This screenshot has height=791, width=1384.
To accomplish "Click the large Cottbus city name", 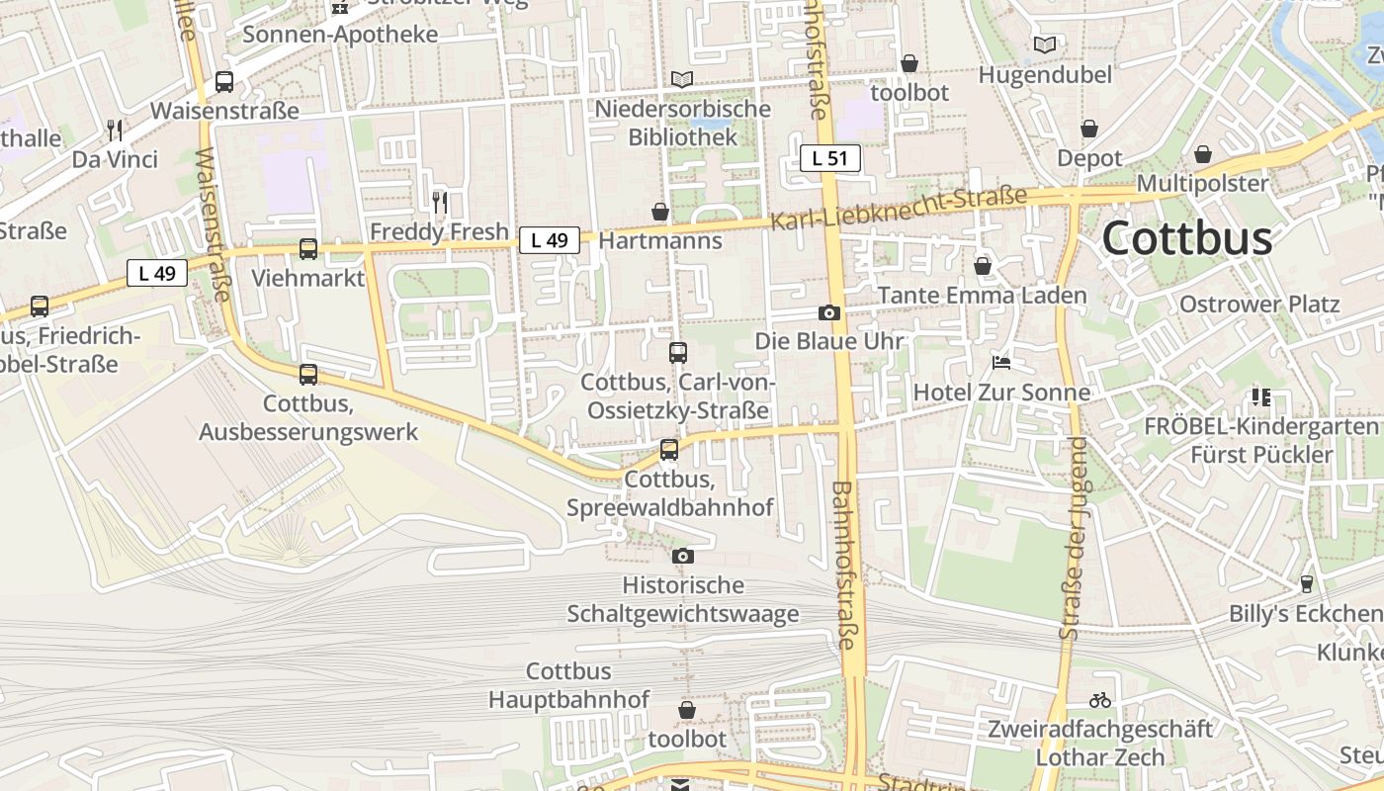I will click(1186, 238).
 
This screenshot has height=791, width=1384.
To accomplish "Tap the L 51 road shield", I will click(830, 157).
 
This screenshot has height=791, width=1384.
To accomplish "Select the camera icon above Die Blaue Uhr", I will click(829, 313).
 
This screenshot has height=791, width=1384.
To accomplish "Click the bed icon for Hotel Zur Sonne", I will click(1001, 363).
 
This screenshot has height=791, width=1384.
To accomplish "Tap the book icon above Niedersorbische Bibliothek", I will click(681, 79).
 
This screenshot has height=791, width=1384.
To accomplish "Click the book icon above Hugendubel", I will click(1045, 44).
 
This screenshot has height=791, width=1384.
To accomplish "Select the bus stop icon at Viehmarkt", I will click(308, 249).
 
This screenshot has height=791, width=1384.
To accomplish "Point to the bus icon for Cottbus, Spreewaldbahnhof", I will click(669, 450).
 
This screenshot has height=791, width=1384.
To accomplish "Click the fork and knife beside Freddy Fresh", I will click(440, 203).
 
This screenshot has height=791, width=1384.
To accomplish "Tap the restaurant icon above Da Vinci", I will click(115, 131).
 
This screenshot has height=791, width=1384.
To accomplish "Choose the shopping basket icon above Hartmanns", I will click(660, 212).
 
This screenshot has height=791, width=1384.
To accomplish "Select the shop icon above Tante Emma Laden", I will click(983, 266).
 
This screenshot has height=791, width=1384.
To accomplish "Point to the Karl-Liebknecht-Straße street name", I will click(899, 209).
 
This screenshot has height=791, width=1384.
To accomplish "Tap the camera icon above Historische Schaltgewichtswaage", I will click(682, 557).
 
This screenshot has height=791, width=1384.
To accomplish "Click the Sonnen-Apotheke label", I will click(340, 35).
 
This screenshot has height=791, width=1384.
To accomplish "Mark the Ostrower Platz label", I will click(1259, 304).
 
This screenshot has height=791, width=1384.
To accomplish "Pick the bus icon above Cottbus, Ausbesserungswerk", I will click(308, 375).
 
